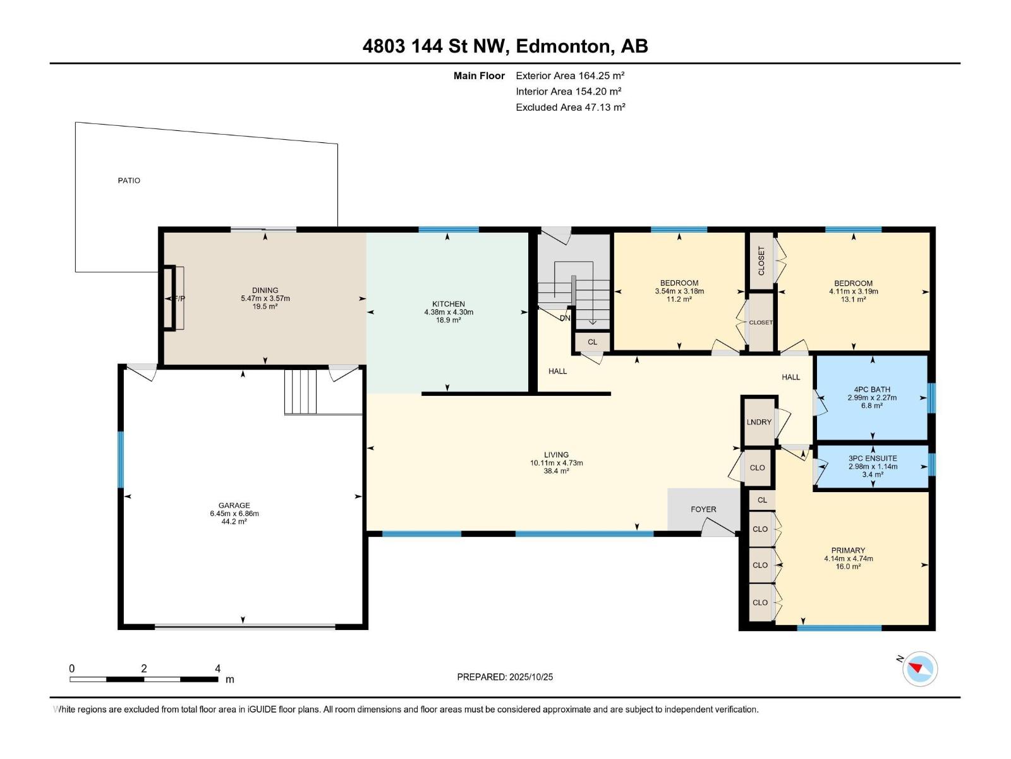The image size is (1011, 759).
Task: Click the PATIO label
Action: point(129,181)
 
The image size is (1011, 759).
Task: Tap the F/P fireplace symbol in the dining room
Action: point(174,298)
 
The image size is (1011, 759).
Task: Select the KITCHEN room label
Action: point(448,304)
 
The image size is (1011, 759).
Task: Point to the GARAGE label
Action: point(234,505)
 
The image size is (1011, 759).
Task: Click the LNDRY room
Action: point(759,422)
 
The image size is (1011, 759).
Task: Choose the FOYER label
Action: point(703,509)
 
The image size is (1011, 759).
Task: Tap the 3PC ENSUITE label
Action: point(873,459)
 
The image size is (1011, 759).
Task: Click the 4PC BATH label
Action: point(872,390)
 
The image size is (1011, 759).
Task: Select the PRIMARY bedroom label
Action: point(848,550)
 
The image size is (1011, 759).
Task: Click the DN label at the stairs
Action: point(565,318)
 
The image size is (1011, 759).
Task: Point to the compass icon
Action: point(919,669)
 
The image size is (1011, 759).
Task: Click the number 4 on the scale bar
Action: point(217,669)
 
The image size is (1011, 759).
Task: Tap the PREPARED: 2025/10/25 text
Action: point(505,677)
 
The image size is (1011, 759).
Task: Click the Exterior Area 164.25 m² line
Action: point(570,75)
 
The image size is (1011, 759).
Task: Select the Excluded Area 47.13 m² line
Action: point(570,108)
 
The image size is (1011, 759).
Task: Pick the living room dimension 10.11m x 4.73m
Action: point(557,463)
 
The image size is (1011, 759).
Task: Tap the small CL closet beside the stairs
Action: point(592,342)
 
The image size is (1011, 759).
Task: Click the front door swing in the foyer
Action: point(718,527)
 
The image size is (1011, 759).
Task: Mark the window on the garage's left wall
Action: point(121,459)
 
